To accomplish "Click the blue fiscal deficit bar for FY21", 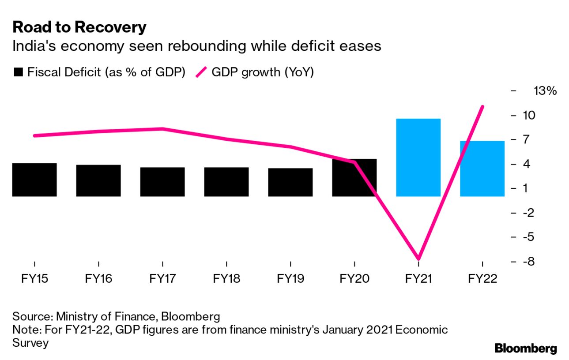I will click(418, 157).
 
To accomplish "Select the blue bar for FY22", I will click(482, 169).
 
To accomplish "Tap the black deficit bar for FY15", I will click(34, 180).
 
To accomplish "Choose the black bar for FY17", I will click(162, 182).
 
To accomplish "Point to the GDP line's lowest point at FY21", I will click(418, 259).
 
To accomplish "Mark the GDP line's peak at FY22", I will click(482, 106).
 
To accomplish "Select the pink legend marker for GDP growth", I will click(201, 72).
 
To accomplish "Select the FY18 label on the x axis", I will click(226, 279).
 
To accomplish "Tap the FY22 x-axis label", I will click(482, 279).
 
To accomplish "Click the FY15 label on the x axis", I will click(34, 279).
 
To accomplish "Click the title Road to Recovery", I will click(79, 27).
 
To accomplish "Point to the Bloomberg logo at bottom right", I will click(525, 349).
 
